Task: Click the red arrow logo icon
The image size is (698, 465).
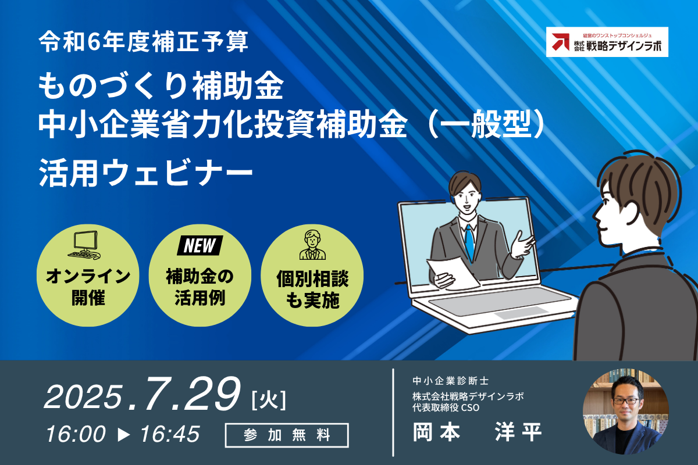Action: point(561,42)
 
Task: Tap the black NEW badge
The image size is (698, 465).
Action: point(200,246)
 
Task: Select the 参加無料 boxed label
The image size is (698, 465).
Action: point(287,435)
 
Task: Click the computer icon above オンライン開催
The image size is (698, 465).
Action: point(84,245)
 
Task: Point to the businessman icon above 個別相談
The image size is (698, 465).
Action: point(312,245)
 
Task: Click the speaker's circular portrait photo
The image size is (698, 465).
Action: point(626,412)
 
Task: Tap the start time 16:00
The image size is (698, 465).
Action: point(76,434)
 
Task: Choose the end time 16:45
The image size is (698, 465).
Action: point(170,434)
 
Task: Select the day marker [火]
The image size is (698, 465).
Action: point(269,400)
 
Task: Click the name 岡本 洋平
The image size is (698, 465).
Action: point(478,432)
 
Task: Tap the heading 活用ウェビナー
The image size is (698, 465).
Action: point(145,173)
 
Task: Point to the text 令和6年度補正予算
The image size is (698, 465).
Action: point(143,41)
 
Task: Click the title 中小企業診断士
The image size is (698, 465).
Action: point(451,381)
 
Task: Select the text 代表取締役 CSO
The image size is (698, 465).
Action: point(446,407)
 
